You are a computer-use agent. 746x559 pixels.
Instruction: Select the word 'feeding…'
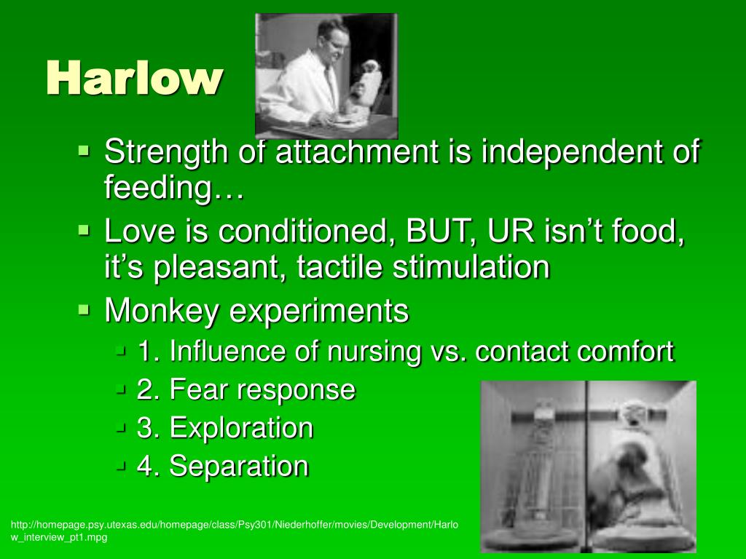174,187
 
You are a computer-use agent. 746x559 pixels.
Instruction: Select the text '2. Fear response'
246,389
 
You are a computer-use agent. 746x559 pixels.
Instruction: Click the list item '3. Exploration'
225,428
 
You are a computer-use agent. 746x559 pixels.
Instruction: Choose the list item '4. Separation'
223,466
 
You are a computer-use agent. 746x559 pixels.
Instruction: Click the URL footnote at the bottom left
234,531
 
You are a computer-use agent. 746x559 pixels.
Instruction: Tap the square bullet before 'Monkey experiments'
84,310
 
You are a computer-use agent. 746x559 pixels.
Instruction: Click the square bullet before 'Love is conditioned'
84,231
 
